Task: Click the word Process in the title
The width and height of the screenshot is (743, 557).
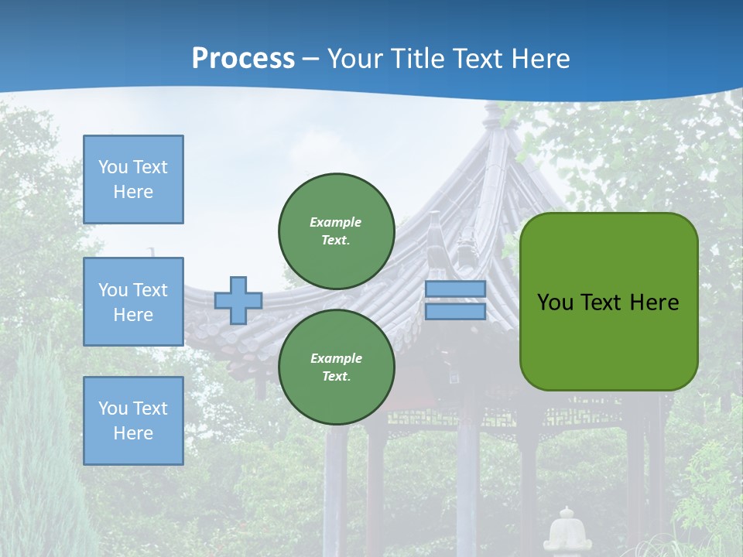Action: point(243,59)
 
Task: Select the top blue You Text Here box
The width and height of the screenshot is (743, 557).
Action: point(133,179)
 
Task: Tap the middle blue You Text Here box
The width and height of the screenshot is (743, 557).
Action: point(133,302)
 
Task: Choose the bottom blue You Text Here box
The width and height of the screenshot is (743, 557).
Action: point(133,421)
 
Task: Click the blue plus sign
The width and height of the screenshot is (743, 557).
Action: point(238,300)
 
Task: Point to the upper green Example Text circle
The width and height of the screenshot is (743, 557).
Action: point(336,231)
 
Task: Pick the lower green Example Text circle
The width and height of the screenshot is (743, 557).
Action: point(336,367)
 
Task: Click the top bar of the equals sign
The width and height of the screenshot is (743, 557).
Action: point(455,289)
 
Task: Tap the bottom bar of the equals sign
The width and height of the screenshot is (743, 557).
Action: point(455,312)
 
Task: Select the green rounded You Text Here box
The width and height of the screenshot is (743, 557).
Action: point(608,302)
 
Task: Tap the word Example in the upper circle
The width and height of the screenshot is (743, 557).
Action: point(336,222)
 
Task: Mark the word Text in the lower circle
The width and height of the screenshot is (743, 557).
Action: point(336,377)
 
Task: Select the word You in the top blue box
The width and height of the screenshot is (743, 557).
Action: point(112,167)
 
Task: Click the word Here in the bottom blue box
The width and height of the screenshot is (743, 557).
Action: point(133,433)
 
